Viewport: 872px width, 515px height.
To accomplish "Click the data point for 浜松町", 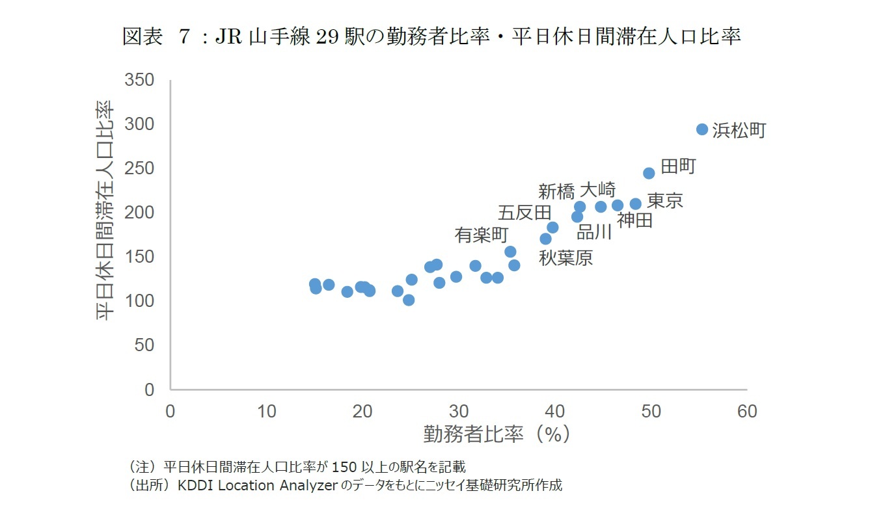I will click(702, 129).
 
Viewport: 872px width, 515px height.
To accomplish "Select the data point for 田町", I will click(649, 173).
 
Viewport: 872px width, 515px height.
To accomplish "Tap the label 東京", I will click(665, 200).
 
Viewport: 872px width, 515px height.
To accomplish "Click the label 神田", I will click(635, 220).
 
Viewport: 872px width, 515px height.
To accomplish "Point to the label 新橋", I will click(556, 191).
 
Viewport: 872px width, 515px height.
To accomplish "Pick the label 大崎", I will click(597, 190).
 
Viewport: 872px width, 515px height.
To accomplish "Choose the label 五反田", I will click(525, 213).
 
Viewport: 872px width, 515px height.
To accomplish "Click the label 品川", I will click(594, 232).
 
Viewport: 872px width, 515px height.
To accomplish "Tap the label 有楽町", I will click(482, 235).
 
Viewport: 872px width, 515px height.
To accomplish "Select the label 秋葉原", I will click(565, 258).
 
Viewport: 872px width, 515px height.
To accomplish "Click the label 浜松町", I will click(739, 131).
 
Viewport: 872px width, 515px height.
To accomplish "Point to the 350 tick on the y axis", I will click(140, 80).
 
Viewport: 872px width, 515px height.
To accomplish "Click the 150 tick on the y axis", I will click(140, 257).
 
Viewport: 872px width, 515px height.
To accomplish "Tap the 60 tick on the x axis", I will click(746, 412).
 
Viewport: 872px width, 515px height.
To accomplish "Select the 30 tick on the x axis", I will click(459, 412).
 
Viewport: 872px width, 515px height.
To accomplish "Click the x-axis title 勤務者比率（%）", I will click(497, 434).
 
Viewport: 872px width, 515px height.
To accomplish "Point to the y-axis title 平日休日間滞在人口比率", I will click(105, 210).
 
